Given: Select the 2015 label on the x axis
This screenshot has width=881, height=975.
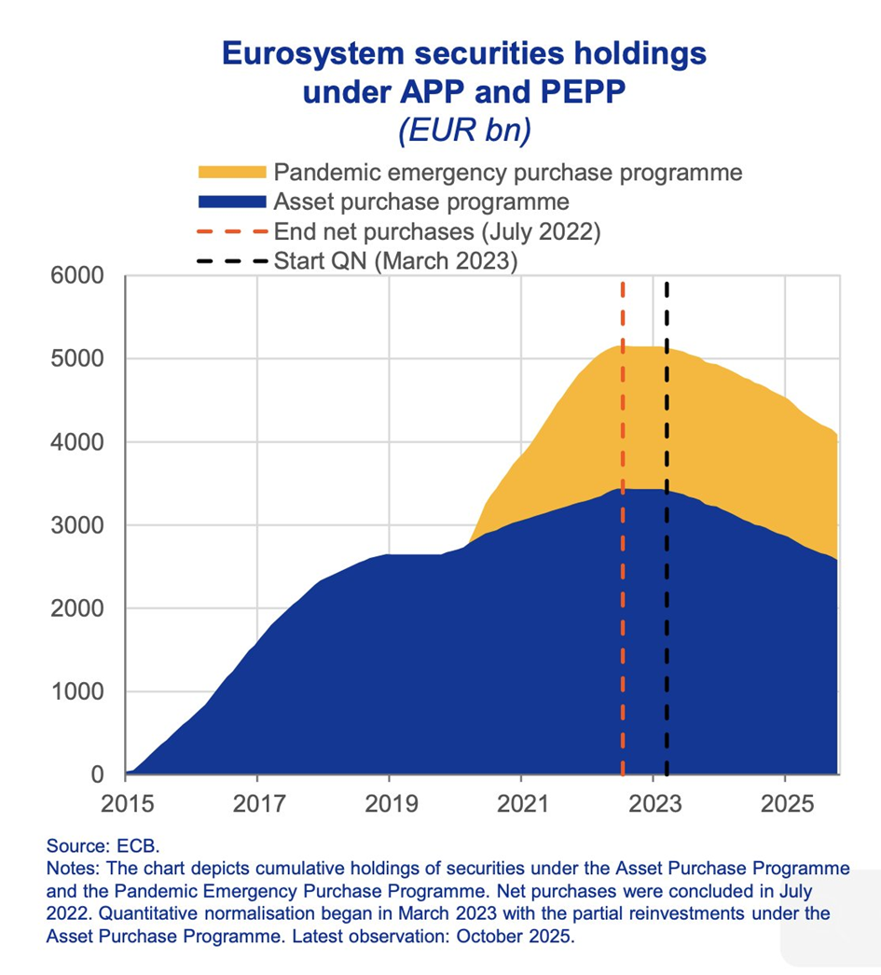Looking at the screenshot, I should [x=125, y=802].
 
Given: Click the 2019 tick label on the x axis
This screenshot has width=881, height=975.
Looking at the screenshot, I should [x=389, y=802].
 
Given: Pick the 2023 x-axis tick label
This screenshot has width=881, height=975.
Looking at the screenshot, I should [x=653, y=802].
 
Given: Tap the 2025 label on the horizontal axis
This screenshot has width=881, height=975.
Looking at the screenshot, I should [x=785, y=802].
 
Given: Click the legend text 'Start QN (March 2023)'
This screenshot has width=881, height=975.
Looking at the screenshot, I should [x=395, y=259].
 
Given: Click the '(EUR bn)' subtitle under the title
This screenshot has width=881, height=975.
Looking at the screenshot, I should [x=463, y=129].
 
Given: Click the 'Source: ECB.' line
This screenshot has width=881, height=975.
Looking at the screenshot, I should [x=103, y=846].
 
